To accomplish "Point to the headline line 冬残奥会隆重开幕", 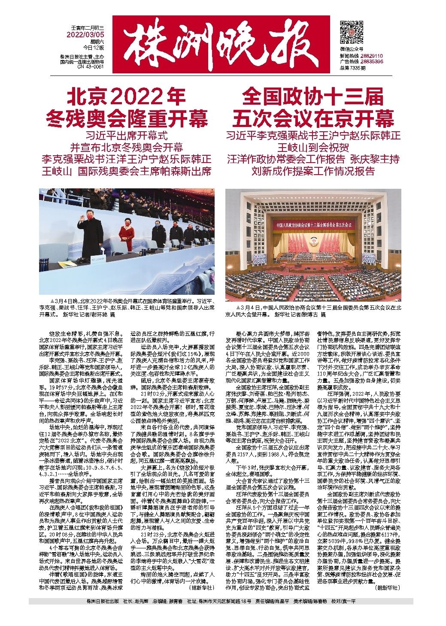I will pyautogui.click(x=126, y=118).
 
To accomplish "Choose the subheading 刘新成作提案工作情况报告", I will pyautogui.click(x=313, y=171).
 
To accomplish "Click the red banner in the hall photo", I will pyautogui.click(x=313, y=224).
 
